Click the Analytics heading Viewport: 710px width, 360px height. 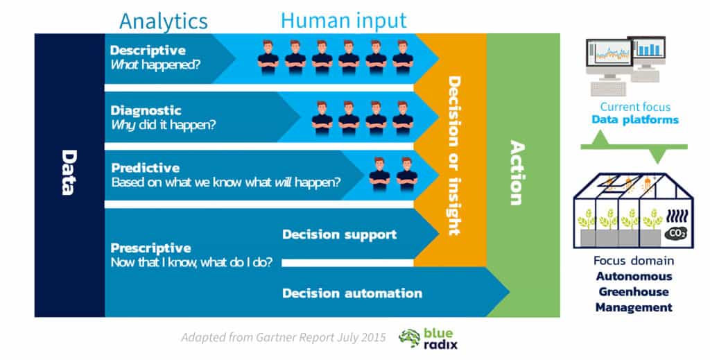(x=164, y=22)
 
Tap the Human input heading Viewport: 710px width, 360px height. (x=344, y=20)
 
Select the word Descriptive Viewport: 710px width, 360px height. (x=148, y=50)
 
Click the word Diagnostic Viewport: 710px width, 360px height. (x=146, y=110)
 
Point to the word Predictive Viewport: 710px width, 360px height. (x=146, y=168)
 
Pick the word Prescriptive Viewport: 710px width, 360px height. (x=150, y=248)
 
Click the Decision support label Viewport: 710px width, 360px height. (x=340, y=234)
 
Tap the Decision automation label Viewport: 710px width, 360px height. (x=352, y=293)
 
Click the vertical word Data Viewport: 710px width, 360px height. (x=69, y=173)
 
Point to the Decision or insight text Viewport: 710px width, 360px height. (x=454, y=155)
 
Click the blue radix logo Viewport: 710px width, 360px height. (x=428, y=339)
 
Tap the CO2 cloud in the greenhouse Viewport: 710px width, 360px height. (x=675, y=233)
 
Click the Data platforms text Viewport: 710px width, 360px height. (x=635, y=120)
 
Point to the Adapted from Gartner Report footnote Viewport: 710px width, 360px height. (x=284, y=337)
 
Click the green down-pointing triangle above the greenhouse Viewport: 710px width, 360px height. (x=657, y=155)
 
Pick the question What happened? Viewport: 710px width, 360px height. (x=155, y=65)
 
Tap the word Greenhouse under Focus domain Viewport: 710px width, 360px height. (x=634, y=291)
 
